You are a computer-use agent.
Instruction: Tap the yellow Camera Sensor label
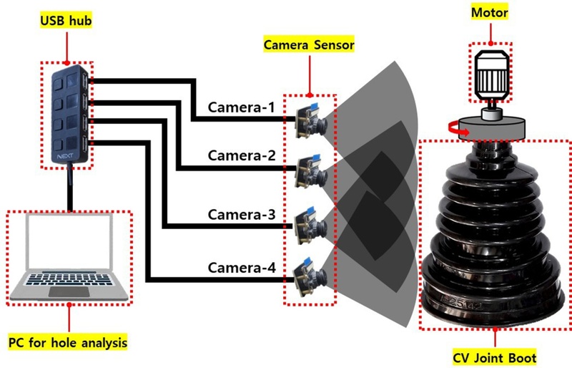(310, 44)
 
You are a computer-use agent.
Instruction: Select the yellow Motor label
(490, 14)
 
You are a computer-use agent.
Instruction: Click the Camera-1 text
(241, 108)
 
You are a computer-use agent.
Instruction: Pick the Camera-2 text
(241, 155)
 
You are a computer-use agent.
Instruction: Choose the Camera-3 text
(241, 214)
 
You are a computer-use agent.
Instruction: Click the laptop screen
(69, 247)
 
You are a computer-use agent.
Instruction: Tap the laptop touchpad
(69, 292)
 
